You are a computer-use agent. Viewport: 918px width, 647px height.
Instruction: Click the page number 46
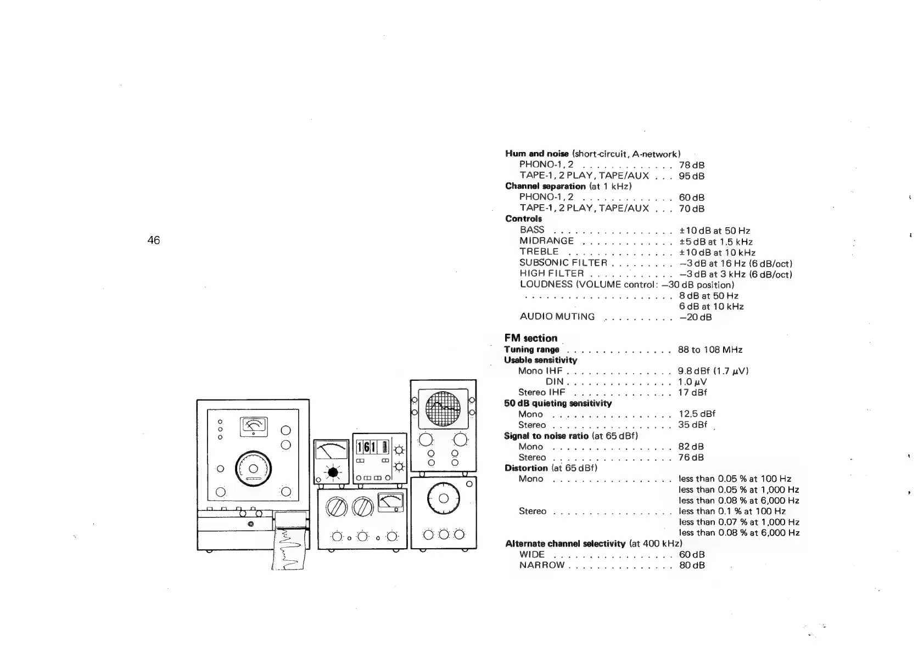pos(154,240)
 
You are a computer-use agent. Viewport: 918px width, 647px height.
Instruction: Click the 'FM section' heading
pos(530,338)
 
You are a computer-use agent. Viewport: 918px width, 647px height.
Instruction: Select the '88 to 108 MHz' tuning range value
pos(710,350)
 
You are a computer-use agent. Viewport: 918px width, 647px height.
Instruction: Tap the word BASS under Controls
pos(531,230)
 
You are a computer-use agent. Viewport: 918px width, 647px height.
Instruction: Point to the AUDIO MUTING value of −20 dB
pos(695,317)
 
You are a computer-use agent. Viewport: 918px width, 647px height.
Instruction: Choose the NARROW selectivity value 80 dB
pos(691,565)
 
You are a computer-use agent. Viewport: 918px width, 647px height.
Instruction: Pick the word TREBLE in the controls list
pos(539,252)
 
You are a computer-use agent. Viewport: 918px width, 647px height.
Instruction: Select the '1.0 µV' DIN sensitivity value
pos(692,382)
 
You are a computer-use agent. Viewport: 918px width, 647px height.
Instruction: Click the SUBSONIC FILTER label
pos(563,263)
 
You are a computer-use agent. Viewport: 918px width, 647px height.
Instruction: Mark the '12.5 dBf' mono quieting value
pos(697,414)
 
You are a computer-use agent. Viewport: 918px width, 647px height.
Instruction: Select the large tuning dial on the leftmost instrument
pos(253,469)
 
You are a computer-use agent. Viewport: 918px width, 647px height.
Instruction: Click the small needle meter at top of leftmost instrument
pos(253,426)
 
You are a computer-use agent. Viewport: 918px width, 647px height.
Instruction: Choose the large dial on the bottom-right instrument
pos(444,499)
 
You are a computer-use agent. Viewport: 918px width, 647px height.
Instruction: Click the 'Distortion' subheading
pos(526,468)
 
